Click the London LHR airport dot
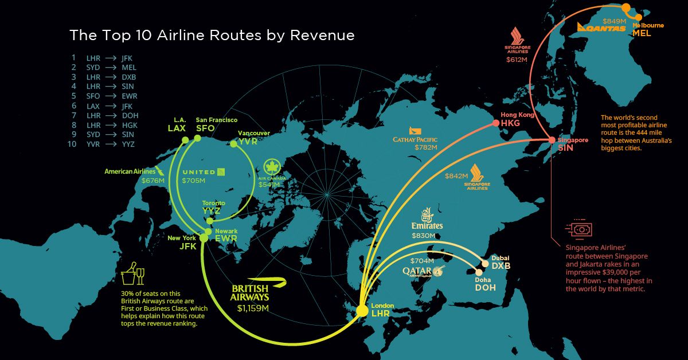[362, 311]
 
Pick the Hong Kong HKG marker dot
[496, 123]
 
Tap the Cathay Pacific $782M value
[425, 148]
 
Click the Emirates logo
[427, 221]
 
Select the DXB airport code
[501, 266]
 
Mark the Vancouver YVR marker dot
[234, 144]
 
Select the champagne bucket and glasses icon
[132, 276]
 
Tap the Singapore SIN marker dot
[552, 140]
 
